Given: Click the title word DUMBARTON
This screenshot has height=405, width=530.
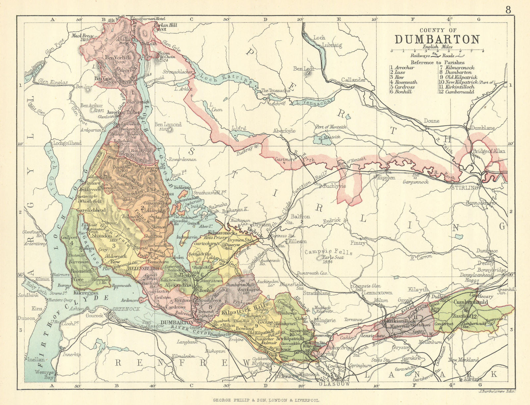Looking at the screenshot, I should [x=437, y=39].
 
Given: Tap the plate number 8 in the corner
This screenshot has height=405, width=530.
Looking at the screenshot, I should [x=508, y=10].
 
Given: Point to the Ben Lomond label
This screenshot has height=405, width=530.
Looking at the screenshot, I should [x=168, y=125].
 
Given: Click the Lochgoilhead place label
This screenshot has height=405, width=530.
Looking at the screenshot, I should [x=66, y=143].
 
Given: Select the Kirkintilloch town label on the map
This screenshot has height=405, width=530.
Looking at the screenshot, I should [x=397, y=321].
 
